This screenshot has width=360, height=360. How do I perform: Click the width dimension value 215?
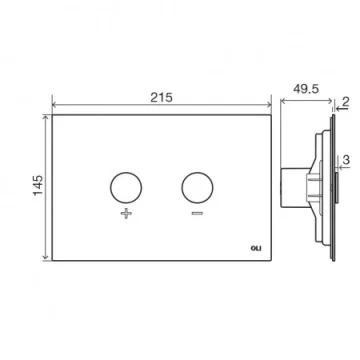point(160,96)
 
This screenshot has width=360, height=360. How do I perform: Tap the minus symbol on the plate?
point(196,215)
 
